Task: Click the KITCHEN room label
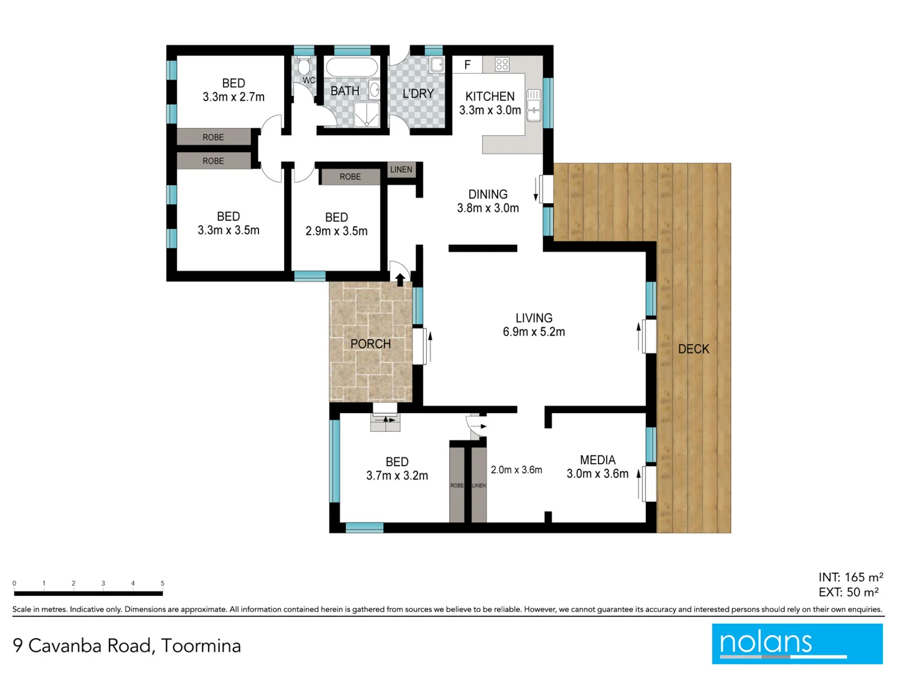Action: pyautogui.click(x=490, y=97)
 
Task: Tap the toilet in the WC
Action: pyautogui.click(x=304, y=67)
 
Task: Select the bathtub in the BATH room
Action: pyautogui.click(x=351, y=67)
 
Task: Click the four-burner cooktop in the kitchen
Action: pyautogui.click(x=502, y=64)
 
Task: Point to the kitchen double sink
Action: pyautogui.click(x=534, y=105)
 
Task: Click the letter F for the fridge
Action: pyautogui.click(x=467, y=65)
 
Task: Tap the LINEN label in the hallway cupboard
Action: pyautogui.click(x=401, y=169)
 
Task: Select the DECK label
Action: pyautogui.click(x=693, y=349)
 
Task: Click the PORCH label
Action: pyautogui.click(x=371, y=344)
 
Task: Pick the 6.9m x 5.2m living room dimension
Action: pyautogui.click(x=534, y=332)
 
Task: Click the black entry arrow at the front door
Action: pyautogui.click(x=400, y=279)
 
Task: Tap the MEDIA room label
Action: pyautogui.click(x=597, y=460)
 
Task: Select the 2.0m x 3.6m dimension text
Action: pyautogui.click(x=516, y=470)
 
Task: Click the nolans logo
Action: pyautogui.click(x=797, y=644)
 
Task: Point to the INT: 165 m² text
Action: pyautogui.click(x=850, y=577)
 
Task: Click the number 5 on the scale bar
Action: pyautogui.click(x=163, y=583)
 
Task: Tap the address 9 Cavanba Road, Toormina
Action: pyautogui.click(x=127, y=646)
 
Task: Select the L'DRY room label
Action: pyautogui.click(x=418, y=93)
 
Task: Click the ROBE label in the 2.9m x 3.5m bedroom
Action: pyautogui.click(x=350, y=177)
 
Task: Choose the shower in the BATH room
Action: pyautogui.click(x=366, y=114)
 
